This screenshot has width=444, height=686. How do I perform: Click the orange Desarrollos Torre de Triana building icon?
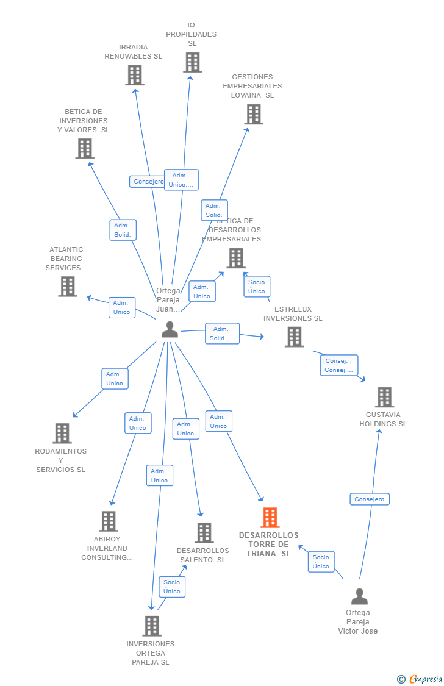270,518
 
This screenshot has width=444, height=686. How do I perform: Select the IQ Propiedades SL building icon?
192,62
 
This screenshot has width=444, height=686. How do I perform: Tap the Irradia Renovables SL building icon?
134,75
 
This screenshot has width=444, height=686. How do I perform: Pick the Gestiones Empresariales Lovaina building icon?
253,114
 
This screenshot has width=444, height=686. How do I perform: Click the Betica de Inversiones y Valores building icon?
85,148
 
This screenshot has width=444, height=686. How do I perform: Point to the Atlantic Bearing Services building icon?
68,286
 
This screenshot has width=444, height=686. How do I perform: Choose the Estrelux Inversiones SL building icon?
294,337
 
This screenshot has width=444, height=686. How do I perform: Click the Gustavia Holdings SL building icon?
384,397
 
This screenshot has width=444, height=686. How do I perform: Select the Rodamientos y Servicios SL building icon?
62,434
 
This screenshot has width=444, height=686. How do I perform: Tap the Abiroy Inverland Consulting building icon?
109,521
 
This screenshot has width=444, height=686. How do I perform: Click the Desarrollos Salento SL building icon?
204,533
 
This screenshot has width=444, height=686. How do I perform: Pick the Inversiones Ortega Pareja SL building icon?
151,626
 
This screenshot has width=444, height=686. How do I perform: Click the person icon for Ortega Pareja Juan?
170,330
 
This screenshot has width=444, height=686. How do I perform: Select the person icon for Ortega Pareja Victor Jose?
359,596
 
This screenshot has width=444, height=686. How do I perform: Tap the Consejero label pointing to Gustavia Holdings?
370,499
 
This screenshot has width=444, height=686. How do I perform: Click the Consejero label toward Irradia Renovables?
148,181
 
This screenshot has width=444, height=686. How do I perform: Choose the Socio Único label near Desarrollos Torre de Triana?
321,562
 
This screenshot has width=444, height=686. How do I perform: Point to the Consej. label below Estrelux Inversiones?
339,365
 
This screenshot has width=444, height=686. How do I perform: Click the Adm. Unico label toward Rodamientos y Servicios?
115,379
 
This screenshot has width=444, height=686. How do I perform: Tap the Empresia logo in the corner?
420,679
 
